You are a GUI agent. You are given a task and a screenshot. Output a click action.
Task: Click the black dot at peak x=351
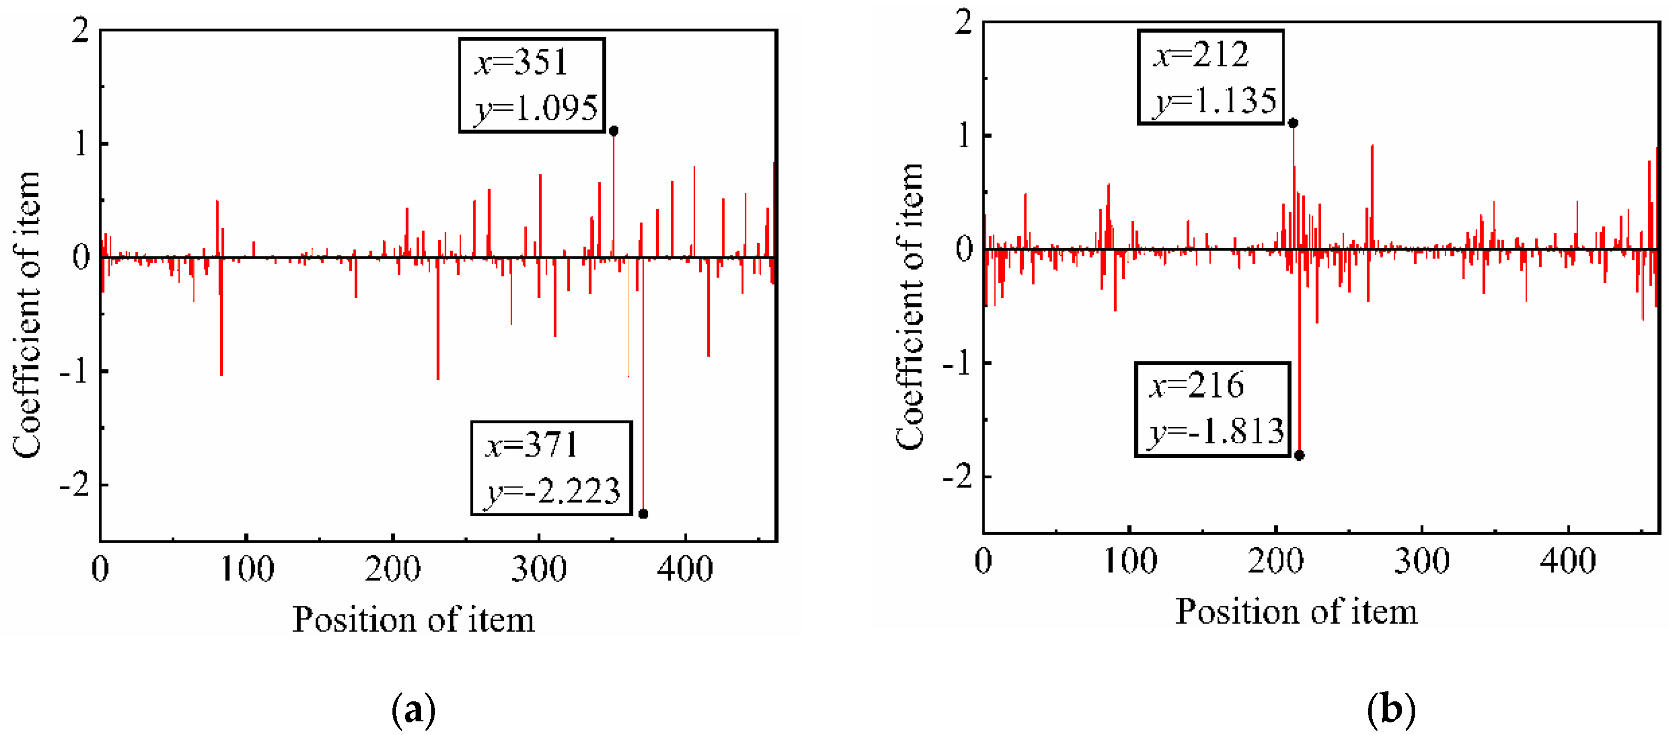614,131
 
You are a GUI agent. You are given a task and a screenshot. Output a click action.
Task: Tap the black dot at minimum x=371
642,514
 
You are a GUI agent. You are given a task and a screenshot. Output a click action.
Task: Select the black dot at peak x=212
1292,123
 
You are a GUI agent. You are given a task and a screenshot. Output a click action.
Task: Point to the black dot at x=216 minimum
1299,455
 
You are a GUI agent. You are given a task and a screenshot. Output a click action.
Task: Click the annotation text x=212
1200,55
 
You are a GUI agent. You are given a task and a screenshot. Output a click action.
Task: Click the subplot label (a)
413,710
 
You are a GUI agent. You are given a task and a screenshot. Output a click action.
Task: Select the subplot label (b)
1391,709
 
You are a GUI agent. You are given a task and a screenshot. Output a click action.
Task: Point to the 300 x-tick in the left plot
538,570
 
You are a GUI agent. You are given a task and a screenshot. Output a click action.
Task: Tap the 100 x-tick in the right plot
1130,561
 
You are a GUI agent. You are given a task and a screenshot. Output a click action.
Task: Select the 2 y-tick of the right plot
963,23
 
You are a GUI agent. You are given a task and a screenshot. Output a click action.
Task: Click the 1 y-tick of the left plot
80,144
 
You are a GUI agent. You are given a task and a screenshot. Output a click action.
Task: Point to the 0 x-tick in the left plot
100,570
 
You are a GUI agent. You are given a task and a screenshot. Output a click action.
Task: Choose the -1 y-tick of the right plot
957,364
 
